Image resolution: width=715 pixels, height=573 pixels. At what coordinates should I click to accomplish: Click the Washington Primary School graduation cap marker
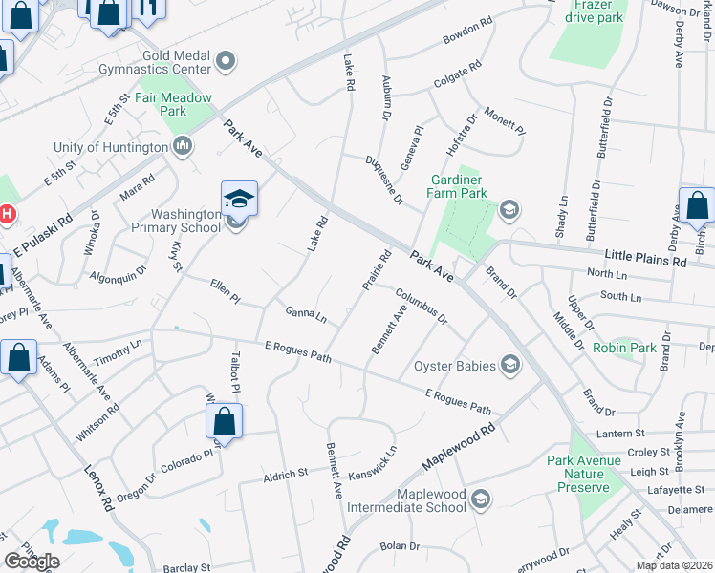point(239,200)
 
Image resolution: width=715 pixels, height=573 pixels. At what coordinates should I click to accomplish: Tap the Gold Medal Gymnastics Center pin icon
point(226,63)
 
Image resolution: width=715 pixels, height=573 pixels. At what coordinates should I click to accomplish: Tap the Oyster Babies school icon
point(510,364)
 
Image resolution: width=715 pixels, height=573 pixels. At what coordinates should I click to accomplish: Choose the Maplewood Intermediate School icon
point(481,499)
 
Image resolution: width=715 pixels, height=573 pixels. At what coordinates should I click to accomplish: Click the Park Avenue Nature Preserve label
point(584,474)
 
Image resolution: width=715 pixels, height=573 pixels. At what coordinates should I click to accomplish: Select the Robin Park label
point(624,348)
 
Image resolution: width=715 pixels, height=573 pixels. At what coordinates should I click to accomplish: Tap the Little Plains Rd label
point(646,259)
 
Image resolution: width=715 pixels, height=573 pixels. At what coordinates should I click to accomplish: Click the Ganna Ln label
point(306,313)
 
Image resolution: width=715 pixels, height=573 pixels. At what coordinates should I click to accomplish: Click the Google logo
point(32,562)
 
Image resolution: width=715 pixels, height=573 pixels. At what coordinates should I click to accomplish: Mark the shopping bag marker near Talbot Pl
point(223,421)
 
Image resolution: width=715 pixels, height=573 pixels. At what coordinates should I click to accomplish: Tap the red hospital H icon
point(7,214)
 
